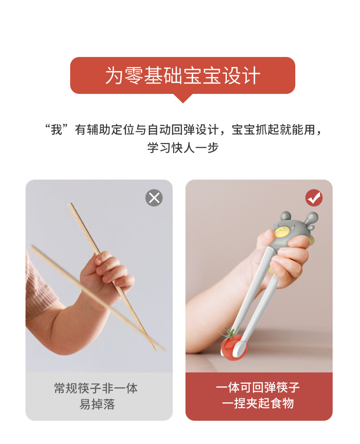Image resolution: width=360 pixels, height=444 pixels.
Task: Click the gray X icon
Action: (x=154, y=198)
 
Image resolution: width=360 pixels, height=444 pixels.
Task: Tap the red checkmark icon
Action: (x=314, y=198)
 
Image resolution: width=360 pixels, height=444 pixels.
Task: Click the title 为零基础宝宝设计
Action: (x=183, y=76)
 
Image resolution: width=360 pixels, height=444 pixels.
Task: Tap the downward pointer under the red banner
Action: (x=183, y=98)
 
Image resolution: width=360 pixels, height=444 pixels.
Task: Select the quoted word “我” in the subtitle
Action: (x=57, y=129)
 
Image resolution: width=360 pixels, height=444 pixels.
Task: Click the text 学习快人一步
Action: (x=183, y=148)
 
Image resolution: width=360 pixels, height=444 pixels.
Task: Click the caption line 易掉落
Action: (x=97, y=404)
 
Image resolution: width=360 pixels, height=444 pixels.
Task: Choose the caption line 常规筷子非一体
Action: (x=96, y=388)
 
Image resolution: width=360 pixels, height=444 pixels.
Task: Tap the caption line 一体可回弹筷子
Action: (x=257, y=387)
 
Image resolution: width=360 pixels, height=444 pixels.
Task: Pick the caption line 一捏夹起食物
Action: (x=258, y=403)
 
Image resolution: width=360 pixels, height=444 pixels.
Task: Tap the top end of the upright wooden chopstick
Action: (x=70, y=204)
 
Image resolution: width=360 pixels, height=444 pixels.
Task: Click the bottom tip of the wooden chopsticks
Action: (x=154, y=350)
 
